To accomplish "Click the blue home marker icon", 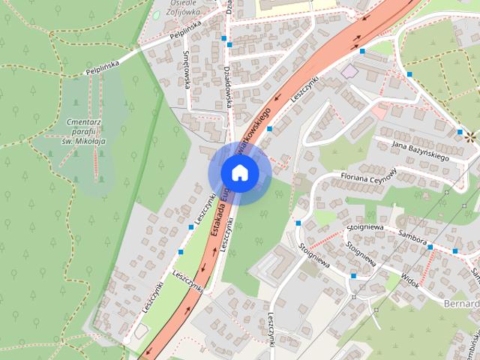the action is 238,173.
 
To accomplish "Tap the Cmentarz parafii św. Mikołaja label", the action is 84,130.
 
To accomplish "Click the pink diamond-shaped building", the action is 349,70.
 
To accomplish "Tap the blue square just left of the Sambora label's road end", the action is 430,246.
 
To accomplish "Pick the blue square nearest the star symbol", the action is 459,132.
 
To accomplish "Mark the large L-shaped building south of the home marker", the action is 272,263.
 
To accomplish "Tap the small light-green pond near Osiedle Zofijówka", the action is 156,14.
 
